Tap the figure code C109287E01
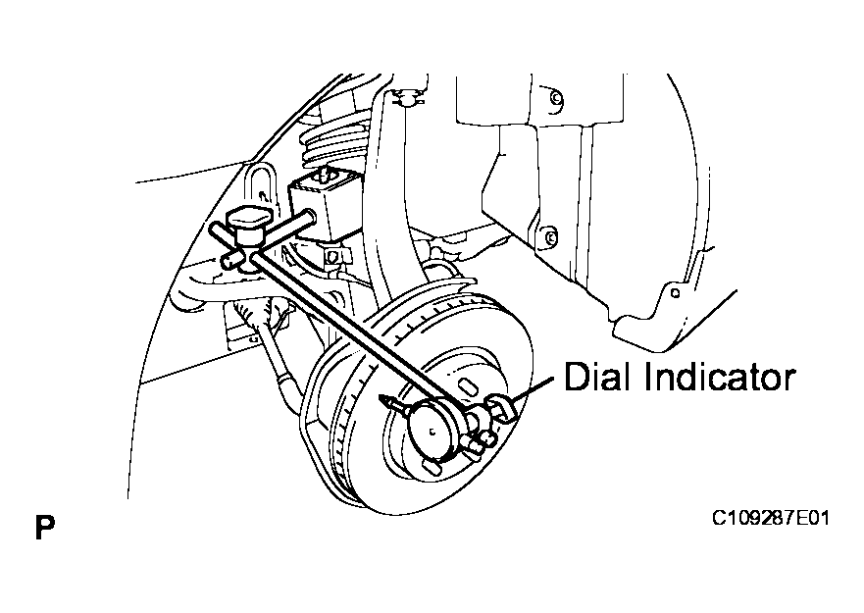pyautogui.click(x=770, y=519)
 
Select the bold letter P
pyautogui.click(x=45, y=528)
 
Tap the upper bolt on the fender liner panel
pyautogui.click(x=556, y=98)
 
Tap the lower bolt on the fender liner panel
pyautogui.click(x=549, y=237)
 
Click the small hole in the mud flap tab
pyautogui.click(x=675, y=293)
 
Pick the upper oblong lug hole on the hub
pyautogui.click(x=468, y=385)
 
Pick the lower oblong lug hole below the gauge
pyautogui.click(x=433, y=468)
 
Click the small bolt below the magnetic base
pyautogui.click(x=331, y=257)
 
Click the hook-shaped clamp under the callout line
pyautogui.click(x=502, y=409)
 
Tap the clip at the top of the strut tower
pyautogui.click(x=408, y=99)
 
